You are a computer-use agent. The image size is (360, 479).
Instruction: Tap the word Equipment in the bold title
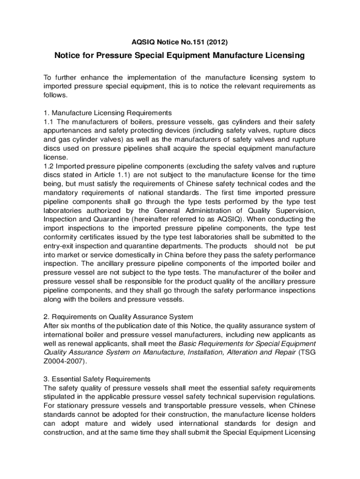[x=186, y=56]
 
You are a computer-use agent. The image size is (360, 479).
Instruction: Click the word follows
[x=56, y=95]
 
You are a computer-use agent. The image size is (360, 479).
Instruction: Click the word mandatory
[x=63, y=192]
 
